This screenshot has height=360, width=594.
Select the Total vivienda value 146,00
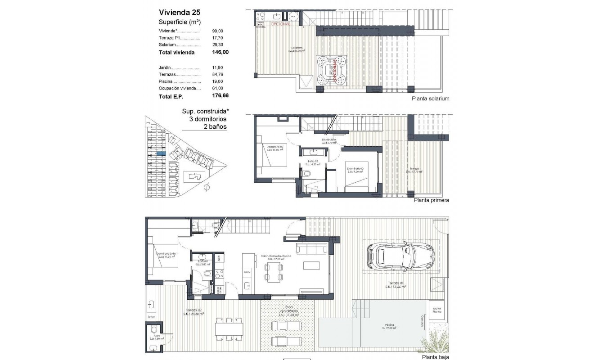click(x=220, y=52)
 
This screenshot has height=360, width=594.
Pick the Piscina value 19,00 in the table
click(x=217, y=81)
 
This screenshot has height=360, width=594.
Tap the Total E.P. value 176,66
click(x=220, y=96)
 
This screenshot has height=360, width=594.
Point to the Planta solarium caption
click(x=430, y=99)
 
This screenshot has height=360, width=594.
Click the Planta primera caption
click(x=431, y=200)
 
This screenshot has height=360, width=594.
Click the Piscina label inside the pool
click(x=390, y=326)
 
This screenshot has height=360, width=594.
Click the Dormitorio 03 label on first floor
click(x=355, y=170)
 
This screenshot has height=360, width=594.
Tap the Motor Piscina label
click(x=437, y=310)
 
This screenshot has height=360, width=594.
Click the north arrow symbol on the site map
click(x=207, y=187)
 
